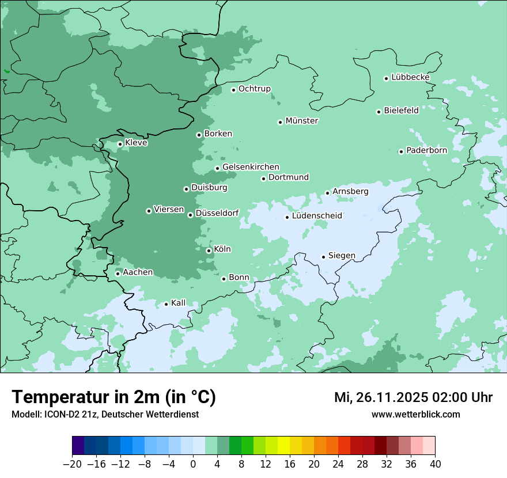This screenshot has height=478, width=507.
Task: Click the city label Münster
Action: [302, 121]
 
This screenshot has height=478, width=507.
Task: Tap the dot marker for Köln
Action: [209, 251]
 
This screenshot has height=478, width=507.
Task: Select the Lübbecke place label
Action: [410, 77]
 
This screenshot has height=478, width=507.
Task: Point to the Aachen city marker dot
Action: [118, 274]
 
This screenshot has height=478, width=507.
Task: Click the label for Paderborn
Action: [426, 150]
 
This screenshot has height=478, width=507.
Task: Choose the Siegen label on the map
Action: [342, 256]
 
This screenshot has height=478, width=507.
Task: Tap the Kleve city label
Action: [136, 143]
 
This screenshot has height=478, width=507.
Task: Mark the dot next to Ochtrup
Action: [233, 90]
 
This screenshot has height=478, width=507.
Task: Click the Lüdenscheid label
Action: [317, 216]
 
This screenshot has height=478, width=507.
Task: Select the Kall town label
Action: [178, 303]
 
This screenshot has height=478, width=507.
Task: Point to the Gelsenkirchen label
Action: [251, 167]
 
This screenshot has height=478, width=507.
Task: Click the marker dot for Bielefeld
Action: [379, 112]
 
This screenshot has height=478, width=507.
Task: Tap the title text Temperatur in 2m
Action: [113, 397]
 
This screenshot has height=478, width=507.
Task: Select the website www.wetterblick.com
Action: [415, 414]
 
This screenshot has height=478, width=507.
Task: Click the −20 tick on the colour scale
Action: [72, 464]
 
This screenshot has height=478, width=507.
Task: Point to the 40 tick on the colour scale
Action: [435, 464]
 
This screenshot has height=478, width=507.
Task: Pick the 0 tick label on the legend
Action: [193, 464]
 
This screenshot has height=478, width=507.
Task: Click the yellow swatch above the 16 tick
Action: [283, 446]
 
